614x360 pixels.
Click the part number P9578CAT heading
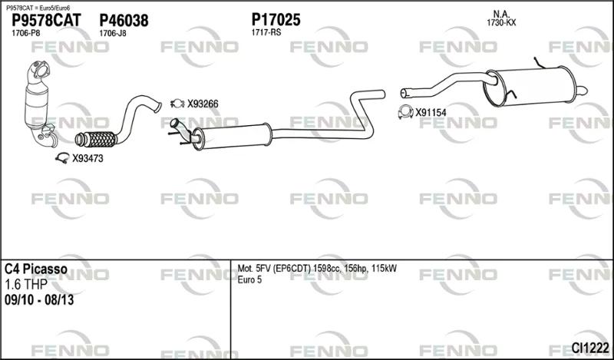[x=46, y=21]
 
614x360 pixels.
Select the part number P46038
[x=124, y=21]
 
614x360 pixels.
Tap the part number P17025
[x=276, y=19]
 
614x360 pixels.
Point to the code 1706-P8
[x=26, y=33]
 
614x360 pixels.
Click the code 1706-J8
[x=113, y=33]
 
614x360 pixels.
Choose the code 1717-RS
[x=266, y=32]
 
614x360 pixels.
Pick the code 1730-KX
[x=501, y=23]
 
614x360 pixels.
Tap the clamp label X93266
[x=203, y=104]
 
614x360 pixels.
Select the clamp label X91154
[x=431, y=113]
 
